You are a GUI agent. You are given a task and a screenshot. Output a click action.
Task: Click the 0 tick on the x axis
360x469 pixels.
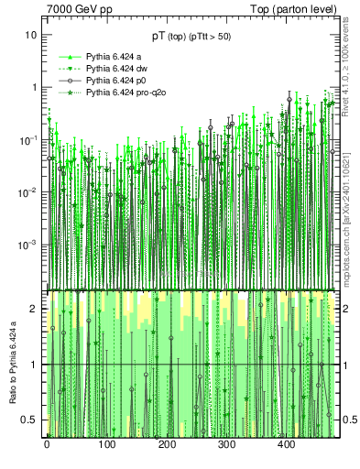[47, 445]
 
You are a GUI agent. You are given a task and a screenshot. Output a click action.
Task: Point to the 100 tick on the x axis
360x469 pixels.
[106, 445]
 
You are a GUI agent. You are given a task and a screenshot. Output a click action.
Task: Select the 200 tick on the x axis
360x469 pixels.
[167, 445]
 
